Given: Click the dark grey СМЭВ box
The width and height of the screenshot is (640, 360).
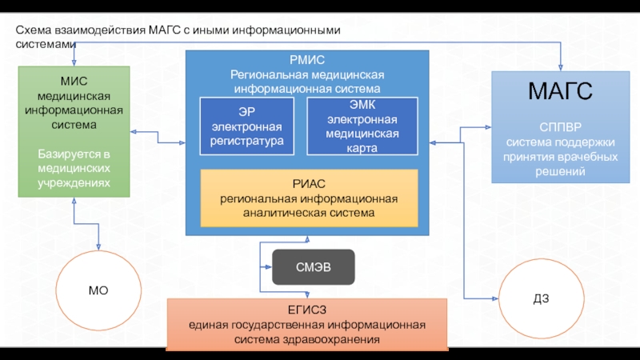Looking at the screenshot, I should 313,266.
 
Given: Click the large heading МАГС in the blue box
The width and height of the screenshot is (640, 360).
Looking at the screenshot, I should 560,92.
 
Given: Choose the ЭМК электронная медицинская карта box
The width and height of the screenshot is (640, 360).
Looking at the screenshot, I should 362,126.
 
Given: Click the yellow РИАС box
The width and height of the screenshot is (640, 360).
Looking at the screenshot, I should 309,198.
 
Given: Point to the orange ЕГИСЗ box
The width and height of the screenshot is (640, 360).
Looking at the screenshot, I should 307,324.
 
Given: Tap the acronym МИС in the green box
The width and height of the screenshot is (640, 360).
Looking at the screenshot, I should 74,81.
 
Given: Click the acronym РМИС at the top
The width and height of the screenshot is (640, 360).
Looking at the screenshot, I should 308,60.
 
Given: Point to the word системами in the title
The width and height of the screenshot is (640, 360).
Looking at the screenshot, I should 46,45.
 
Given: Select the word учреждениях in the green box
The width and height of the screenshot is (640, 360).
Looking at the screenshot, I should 74,184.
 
